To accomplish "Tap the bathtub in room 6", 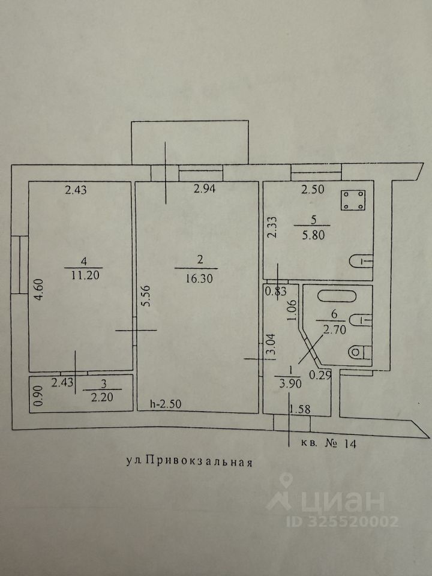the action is [338, 295].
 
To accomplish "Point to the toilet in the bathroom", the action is [360, 353].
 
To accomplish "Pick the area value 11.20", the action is [83, 277].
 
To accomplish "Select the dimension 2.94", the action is [204, 190].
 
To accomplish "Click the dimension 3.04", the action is [271, 346].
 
